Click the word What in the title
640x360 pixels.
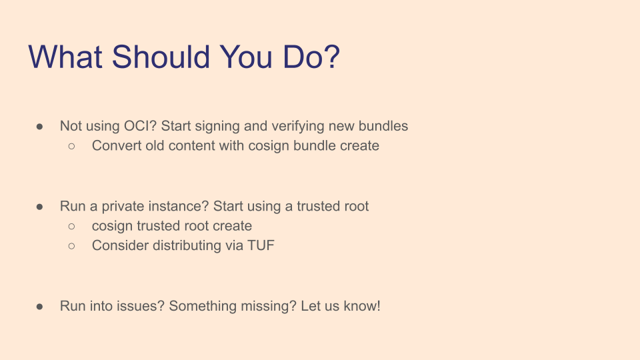pos(65,57)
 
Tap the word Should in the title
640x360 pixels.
pos(161,57)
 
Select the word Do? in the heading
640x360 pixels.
pos(311,57)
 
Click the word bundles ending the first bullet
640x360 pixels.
pos(383,126)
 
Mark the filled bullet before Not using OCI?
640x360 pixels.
pos(39,127)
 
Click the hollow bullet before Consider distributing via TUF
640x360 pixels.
pos(72,246)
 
